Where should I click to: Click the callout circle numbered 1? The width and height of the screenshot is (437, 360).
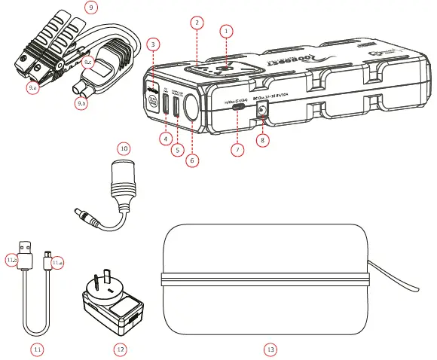224,30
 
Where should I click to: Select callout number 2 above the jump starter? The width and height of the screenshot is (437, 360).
196,23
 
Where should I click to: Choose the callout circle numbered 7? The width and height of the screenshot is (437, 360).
237,150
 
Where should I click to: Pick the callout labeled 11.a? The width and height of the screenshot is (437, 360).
58,261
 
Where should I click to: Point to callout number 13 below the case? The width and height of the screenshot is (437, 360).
269,349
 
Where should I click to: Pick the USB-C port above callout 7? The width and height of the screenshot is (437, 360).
237,107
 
